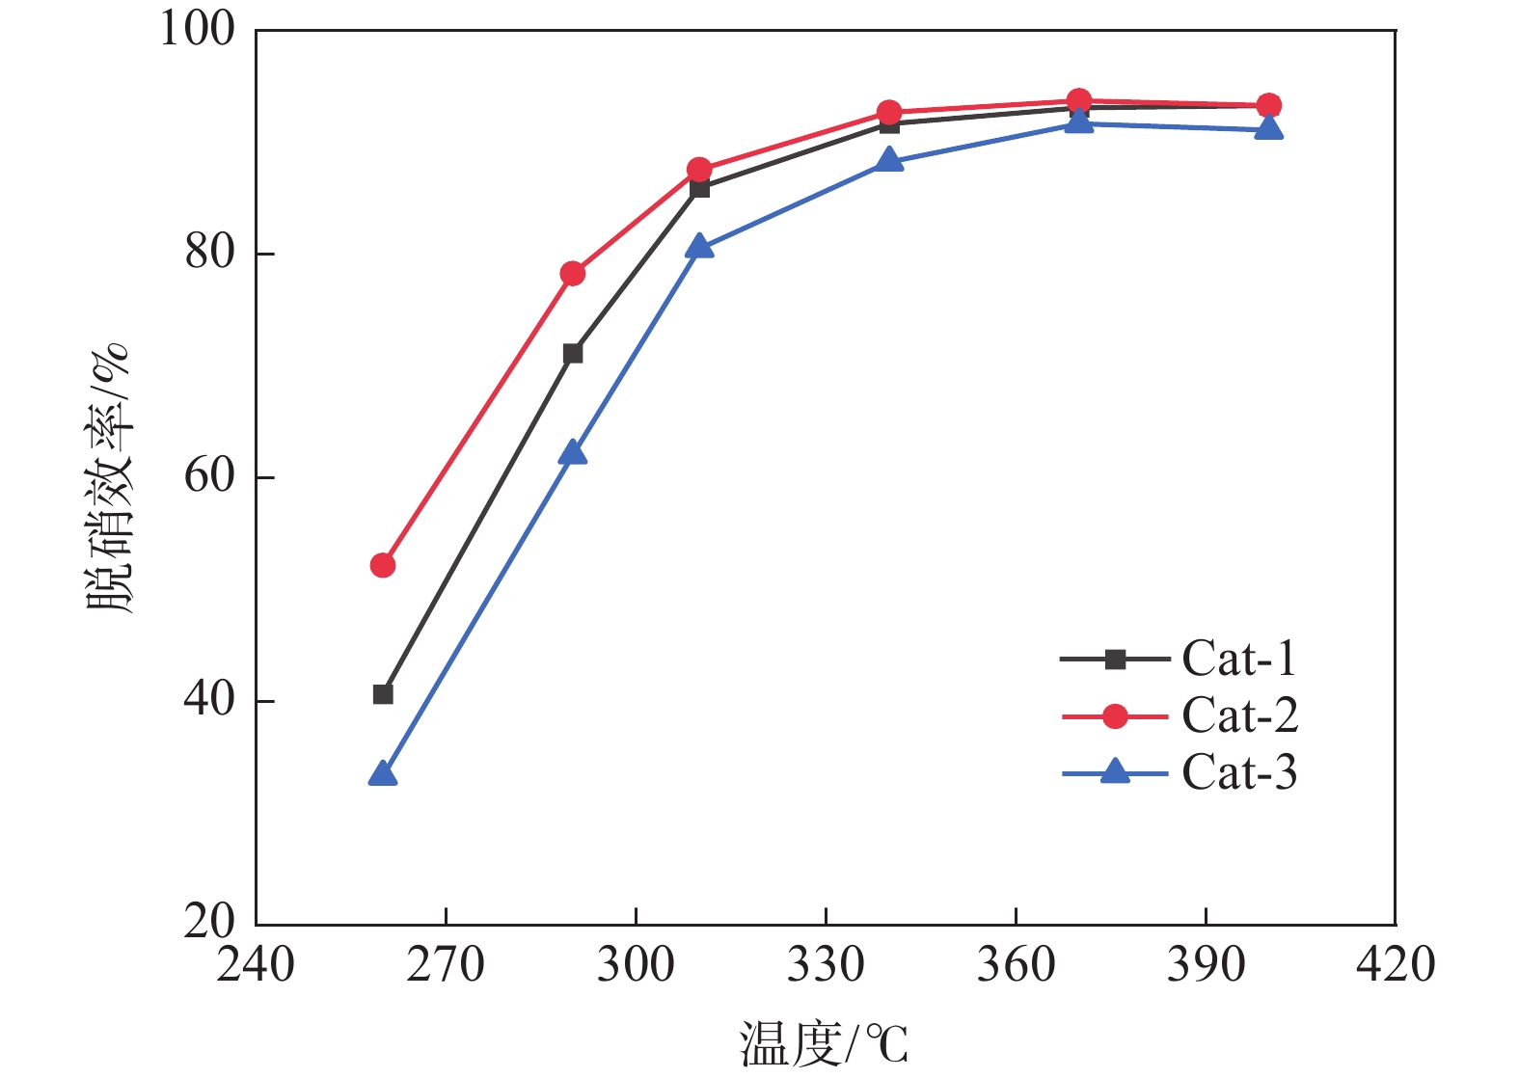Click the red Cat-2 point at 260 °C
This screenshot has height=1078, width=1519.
point(383,565)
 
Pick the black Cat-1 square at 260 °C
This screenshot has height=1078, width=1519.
point(383,694)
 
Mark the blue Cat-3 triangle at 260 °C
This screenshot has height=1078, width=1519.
point(383,774)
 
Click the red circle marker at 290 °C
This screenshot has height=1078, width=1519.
point(573,274)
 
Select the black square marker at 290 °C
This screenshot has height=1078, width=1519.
point(573,354)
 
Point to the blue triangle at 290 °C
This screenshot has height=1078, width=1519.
point(573,452)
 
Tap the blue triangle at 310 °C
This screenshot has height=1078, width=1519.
point(699,248)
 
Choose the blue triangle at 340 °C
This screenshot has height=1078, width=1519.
point(889,160)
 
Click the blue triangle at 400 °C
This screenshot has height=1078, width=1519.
point(1269,128)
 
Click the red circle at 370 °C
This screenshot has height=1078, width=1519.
point(1079,100)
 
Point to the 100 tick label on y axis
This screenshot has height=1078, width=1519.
point(198,29)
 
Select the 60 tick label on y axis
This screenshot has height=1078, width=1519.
point(209,476)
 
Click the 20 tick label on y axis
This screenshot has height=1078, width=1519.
point(209,923)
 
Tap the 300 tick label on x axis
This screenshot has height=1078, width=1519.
point(636,964)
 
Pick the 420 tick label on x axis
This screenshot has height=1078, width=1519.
point(1395,964)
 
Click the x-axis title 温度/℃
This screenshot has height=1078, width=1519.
point(825,1044)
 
